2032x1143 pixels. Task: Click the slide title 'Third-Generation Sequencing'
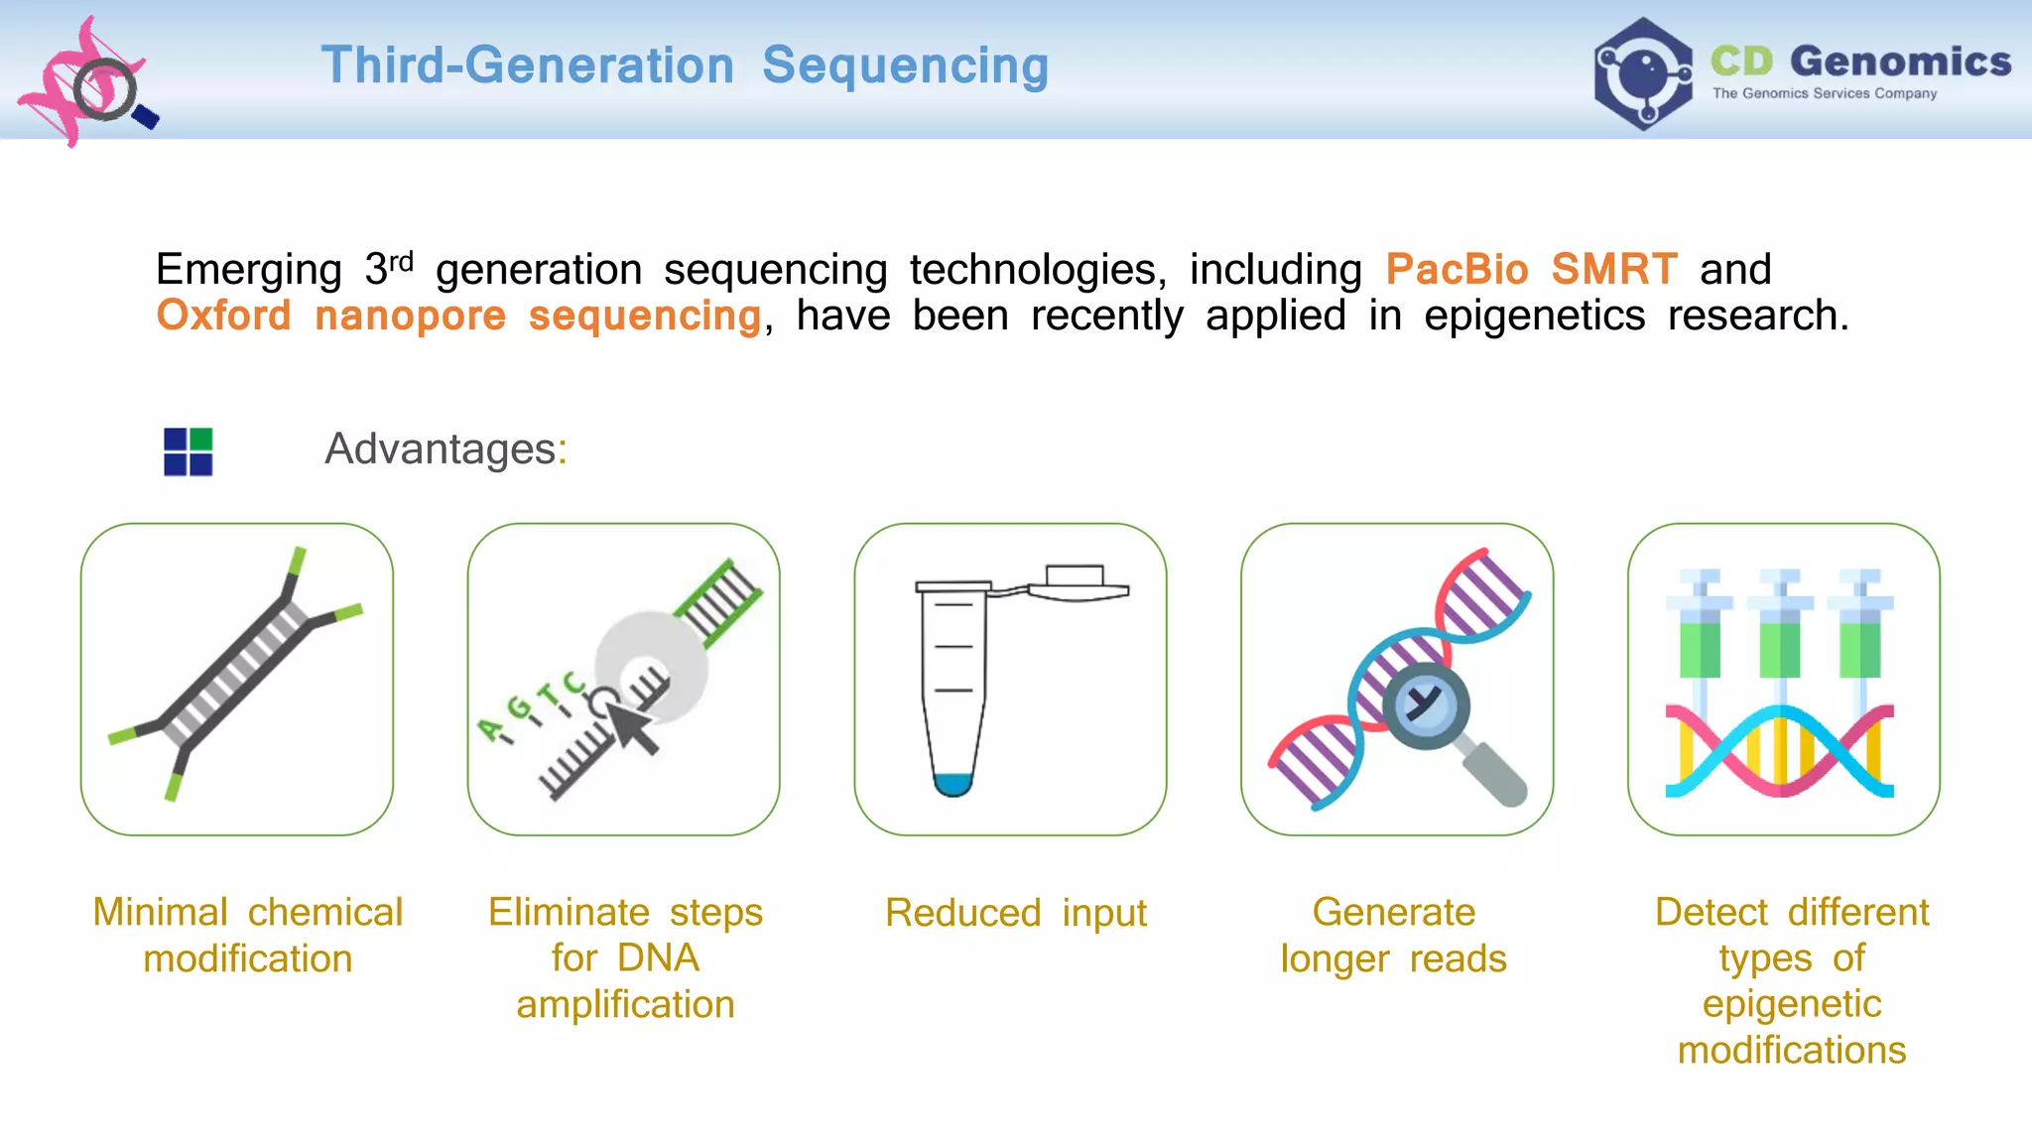tap(685, 65)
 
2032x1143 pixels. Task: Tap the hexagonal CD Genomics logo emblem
tap(1643, 73)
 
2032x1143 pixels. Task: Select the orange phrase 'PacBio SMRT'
tap(1531, 269)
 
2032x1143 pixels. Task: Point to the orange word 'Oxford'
tap(224, 316)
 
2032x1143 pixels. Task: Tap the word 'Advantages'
tap(441, 448)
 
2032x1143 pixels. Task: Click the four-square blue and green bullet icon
tap(188, 451)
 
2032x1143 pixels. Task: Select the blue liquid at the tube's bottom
tap(952, 784)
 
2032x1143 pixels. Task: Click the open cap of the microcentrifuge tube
tap(1077, 584)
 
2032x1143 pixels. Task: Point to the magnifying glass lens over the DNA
tap(1426, 705)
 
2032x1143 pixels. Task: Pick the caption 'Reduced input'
tap(1015, 913)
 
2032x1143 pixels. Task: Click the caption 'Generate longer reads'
tap(1394, 935)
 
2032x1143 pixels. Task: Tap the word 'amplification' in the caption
tap(625, 1004)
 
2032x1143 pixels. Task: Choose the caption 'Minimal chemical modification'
tap(248, 935)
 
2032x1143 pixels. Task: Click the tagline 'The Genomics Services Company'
tap(1824, 93)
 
